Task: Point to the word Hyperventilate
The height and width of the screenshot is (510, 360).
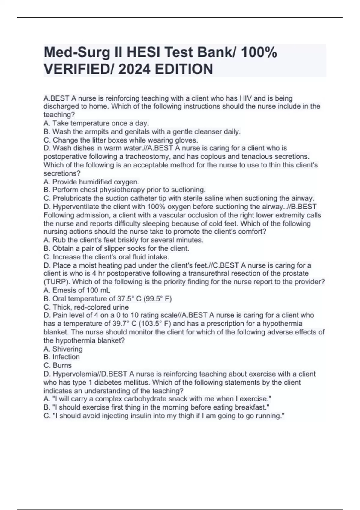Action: point(76,207)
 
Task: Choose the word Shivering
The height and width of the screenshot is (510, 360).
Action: point(67,349)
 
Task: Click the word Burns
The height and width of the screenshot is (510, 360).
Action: point(62,365)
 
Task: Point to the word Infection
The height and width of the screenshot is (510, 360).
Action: point(66,357)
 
